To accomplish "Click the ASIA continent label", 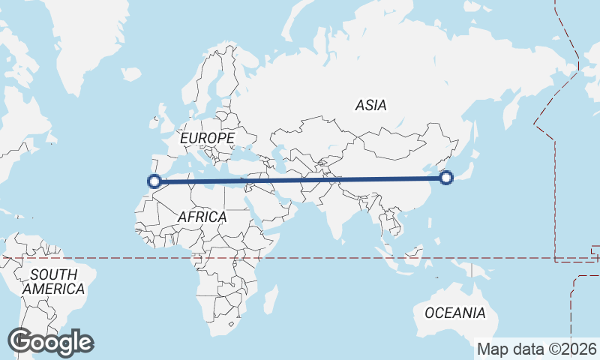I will [x=371, y=106].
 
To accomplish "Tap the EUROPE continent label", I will [x=207, y=139].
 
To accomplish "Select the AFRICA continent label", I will [x=202, y=217].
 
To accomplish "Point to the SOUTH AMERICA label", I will [x=53, y=281].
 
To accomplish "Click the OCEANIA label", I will [x=454, y=313].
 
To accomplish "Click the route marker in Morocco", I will [x=154, y=181].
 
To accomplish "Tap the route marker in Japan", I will [x=446, y=178].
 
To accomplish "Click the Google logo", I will [x=50, y=342].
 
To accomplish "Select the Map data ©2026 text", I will [x=537, y=349].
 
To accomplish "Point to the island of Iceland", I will [x=130, y=74].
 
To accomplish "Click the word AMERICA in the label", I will [x=53, y=289].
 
